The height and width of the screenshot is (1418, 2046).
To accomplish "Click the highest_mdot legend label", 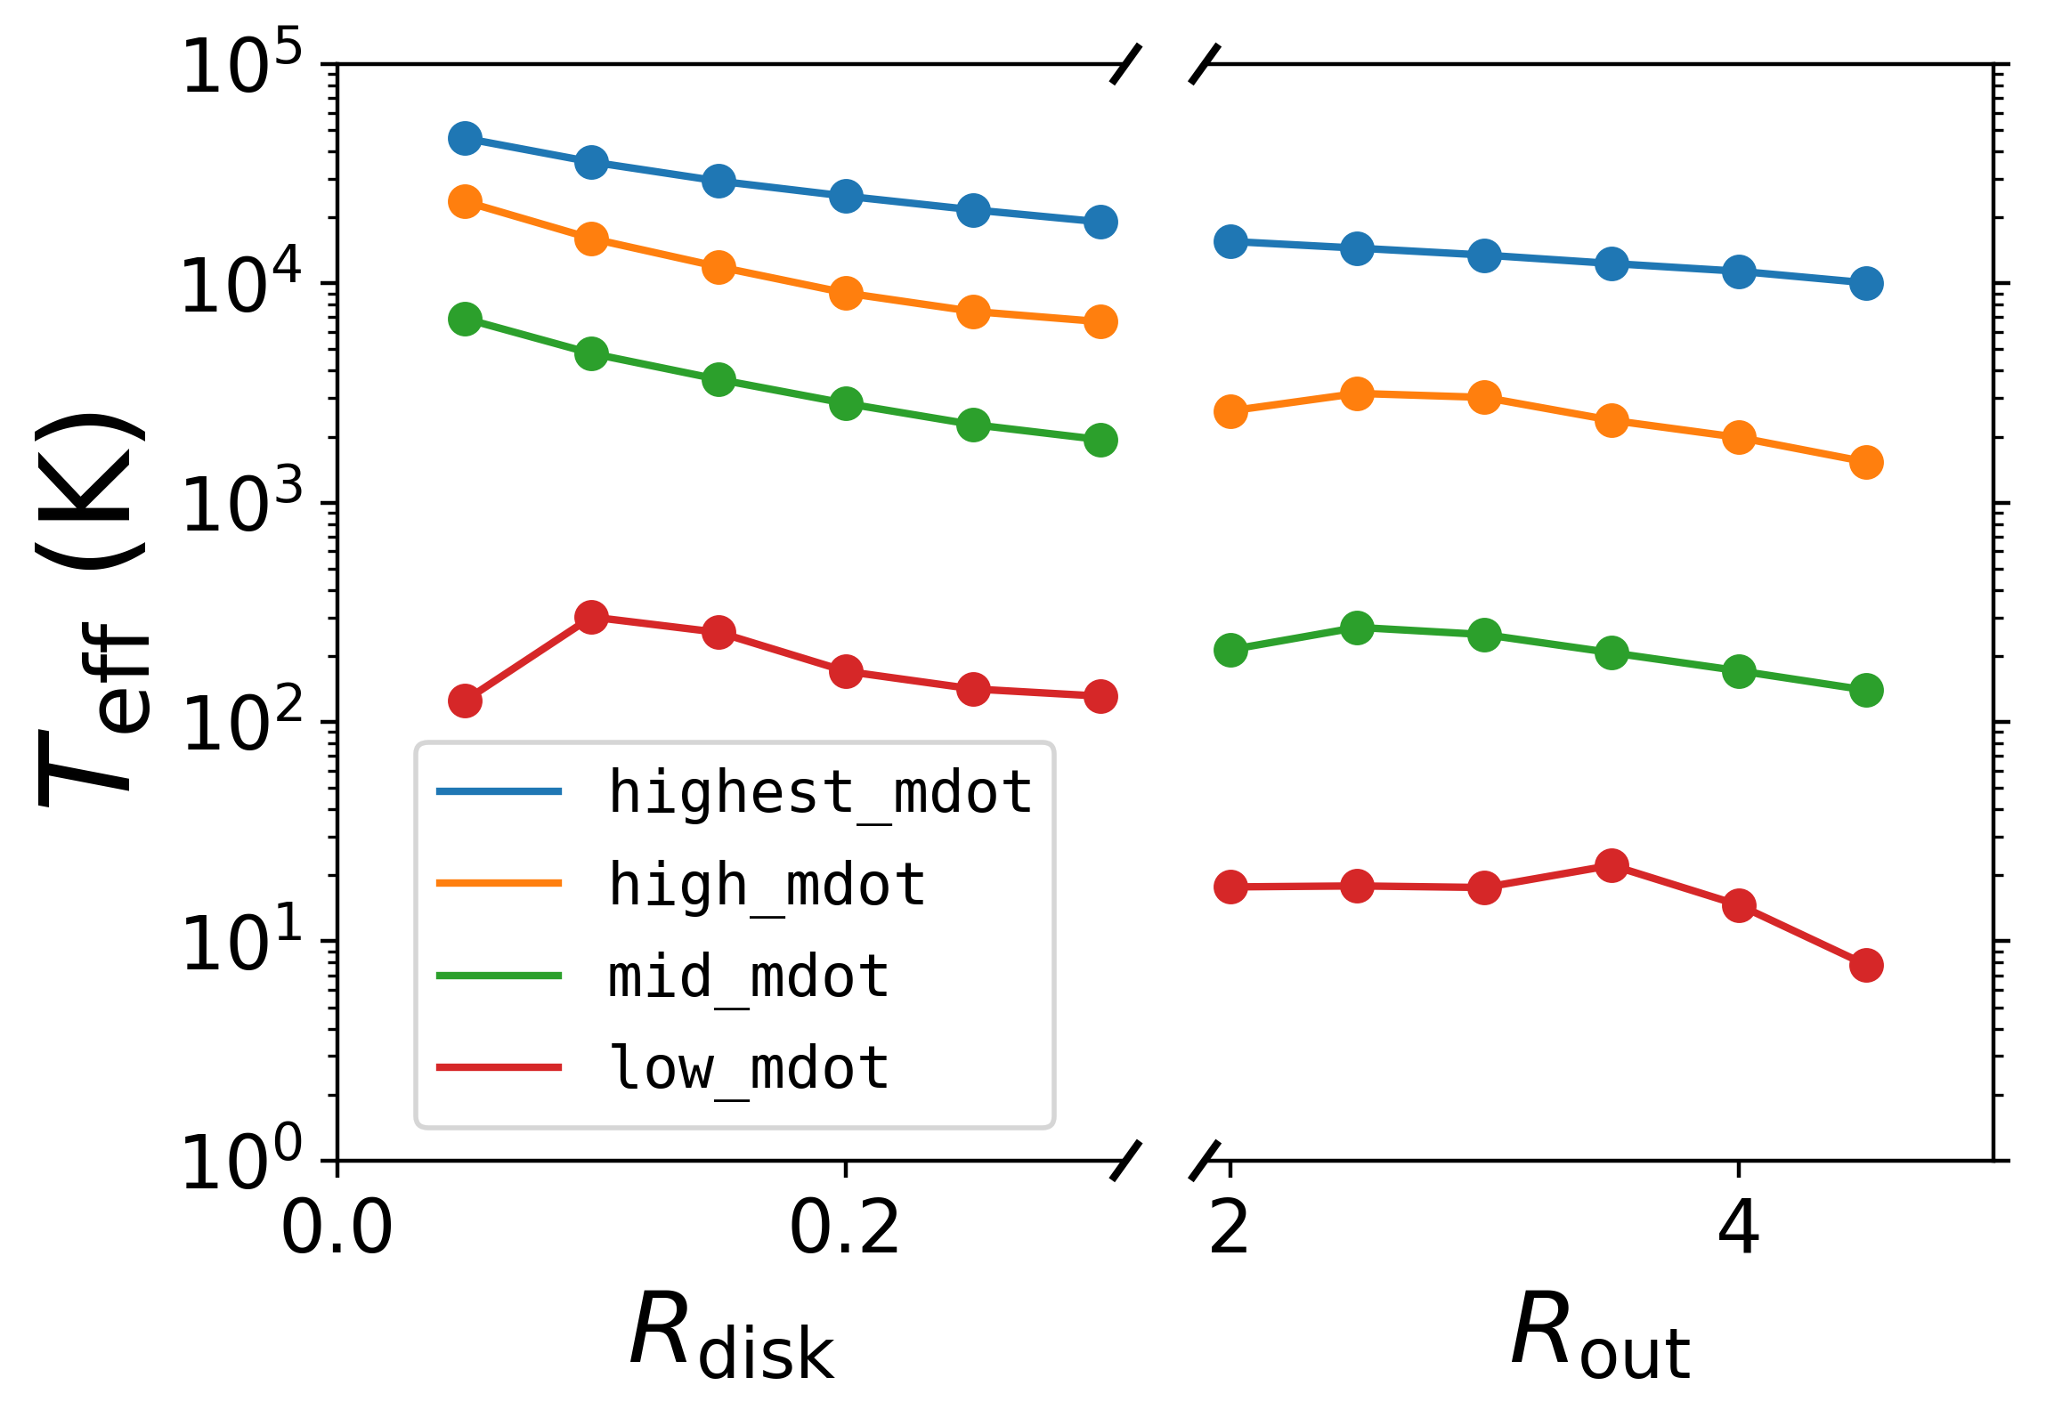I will tap(819, 791).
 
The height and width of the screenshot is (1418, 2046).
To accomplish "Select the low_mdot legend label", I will tap(748, 1067).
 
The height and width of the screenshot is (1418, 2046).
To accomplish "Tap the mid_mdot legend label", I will tap(748, 976).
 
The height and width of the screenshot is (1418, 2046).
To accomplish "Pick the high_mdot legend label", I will tap(766, 884).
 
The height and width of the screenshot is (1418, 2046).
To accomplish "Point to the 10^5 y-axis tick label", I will tap(240, 67).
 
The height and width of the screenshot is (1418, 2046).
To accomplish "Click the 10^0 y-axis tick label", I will tap(240, 1162).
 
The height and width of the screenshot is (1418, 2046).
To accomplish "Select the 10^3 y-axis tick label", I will tap(240, 505).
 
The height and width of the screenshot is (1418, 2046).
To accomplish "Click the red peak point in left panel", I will tap(591, 617).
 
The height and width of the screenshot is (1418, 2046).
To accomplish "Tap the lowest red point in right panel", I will tap(1866, 965).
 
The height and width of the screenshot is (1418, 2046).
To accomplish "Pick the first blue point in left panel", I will tap(465, 138).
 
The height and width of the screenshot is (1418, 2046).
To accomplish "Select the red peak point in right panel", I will tap(1612, 865).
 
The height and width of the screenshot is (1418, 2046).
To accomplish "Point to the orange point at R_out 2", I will tap(1230, 411).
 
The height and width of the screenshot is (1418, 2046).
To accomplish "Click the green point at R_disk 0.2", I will tap(846, 404).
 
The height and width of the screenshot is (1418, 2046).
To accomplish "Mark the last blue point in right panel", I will tap(1866, 284).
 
